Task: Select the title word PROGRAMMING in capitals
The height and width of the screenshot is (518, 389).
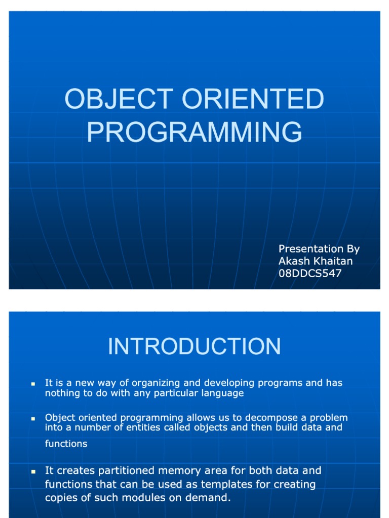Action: click(x=194, y=132)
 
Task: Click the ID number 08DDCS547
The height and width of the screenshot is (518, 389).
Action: click(x=310, y=274)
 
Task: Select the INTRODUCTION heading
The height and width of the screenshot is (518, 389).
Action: click(x=194, y=347)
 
